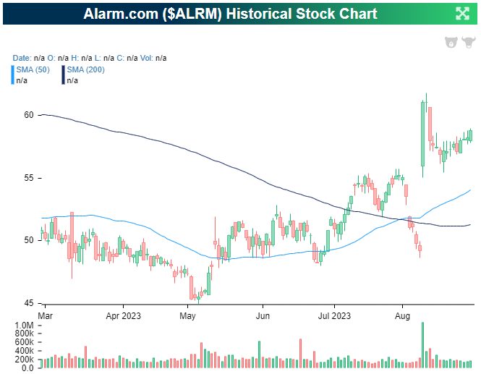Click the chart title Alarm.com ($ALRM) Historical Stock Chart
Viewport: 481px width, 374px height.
[230, 14]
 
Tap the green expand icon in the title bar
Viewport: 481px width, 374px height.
[462, 14]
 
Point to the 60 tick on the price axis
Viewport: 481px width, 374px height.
[29, 115]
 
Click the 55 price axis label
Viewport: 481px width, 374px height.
[29, 178]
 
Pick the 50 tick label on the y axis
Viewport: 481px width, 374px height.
[29, 240]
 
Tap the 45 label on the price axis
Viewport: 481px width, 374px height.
[29, 303]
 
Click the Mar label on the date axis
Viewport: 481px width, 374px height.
[46, 316]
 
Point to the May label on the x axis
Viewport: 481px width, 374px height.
[188, 316]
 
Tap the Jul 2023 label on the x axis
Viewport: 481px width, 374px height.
[335, 316]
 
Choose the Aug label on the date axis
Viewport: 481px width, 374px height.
[403, 316]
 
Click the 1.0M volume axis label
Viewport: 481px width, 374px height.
[23, 326]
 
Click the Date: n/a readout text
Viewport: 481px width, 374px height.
[27, 58]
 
